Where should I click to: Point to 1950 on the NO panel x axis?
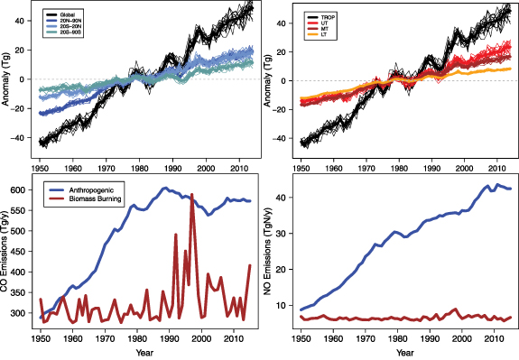click(301, 338)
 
